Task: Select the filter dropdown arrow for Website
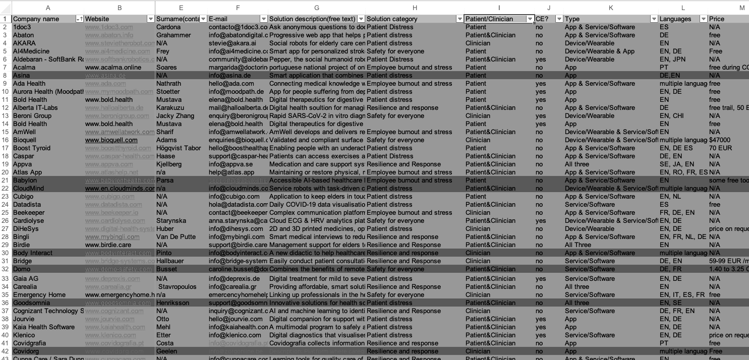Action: pyautogui.click(x=150, y=19)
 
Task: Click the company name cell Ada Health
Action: pyautogui.click(x=29, y=84)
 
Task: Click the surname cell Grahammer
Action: pyautogui.click(x=174, y=35)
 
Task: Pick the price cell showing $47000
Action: pyautogui.click(x=720, y=140)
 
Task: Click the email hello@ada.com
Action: pyautogui.click(x=229, y=84)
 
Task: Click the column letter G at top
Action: pyautogui.click(x=316, y=8)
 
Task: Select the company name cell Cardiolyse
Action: pyautogui.click(x=29, y=221)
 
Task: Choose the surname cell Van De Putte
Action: pyautogui.click(x=176, y=237)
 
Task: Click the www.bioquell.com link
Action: pyautogui.click(x=111, y=140)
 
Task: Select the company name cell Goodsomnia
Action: pyautogui.click(x=31, y=303)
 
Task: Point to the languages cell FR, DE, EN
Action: pyautogui.click(x=677, y=213)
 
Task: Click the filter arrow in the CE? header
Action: pyautogui.click(x=559, y=19)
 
